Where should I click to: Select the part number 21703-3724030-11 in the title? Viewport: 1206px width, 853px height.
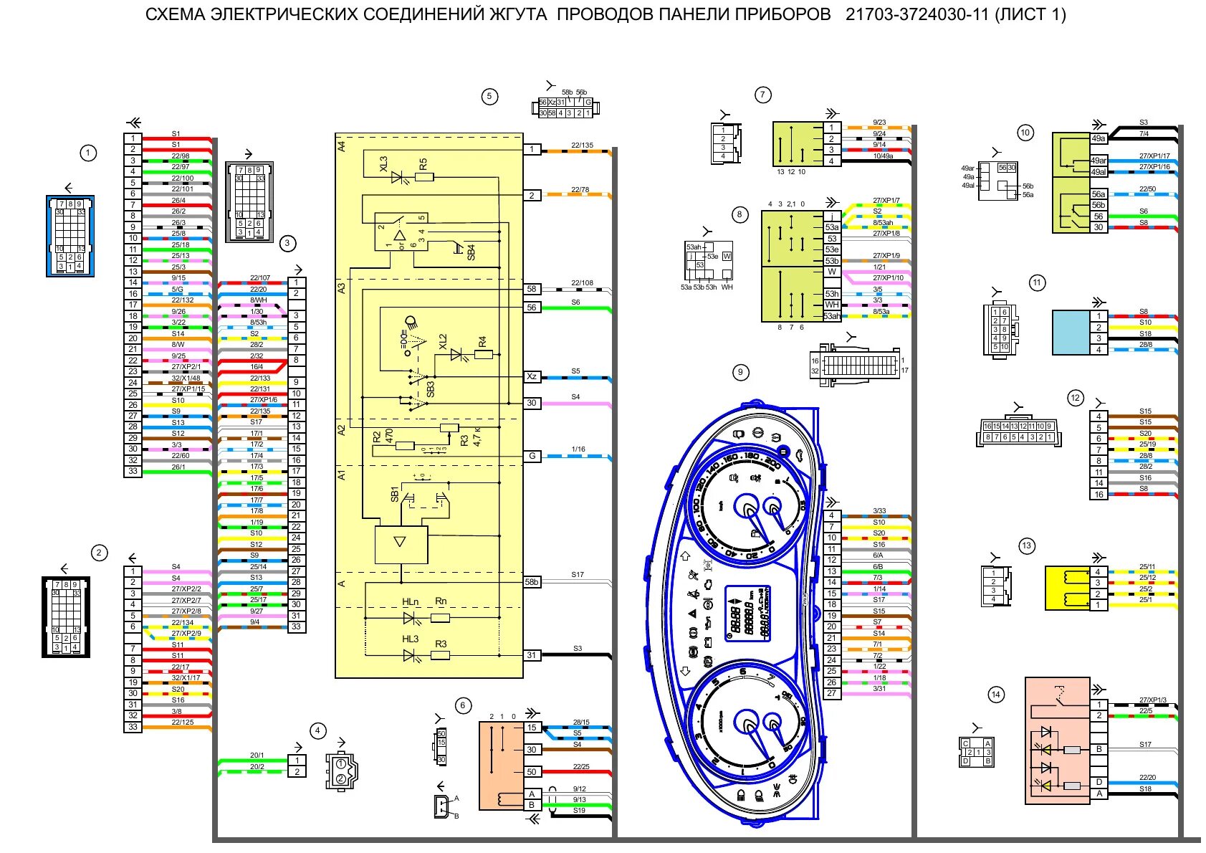[917, 14]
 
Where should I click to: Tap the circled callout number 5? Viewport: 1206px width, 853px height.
[489, 97]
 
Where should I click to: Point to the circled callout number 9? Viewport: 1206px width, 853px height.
[740, 372]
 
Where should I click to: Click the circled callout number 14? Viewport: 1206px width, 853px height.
[995, 694]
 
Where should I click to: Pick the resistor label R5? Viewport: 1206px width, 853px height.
[423, 163]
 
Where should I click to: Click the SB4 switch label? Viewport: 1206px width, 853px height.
[471, 252]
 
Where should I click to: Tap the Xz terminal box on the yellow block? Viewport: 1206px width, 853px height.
[531, 376]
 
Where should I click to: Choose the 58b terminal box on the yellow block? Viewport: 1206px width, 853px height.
[531, 582]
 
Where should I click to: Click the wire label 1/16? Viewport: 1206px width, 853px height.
[578, 449]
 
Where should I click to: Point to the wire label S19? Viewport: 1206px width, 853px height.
[579, 810]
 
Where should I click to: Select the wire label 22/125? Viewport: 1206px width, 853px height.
[182, 722]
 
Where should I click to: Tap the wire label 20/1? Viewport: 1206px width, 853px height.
[257, 756]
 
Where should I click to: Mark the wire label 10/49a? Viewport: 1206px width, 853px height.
[882, 156]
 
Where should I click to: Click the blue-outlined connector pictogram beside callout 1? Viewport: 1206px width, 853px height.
[70, 236]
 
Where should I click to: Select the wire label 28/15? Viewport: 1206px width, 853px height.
[580, 723]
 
